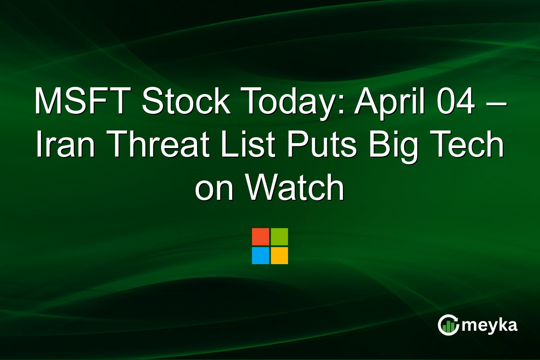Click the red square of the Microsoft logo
[261, 237]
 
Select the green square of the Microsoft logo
[279, 237]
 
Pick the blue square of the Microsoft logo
[261, 256]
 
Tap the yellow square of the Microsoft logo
[279, 256]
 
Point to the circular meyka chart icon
[449, 325]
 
